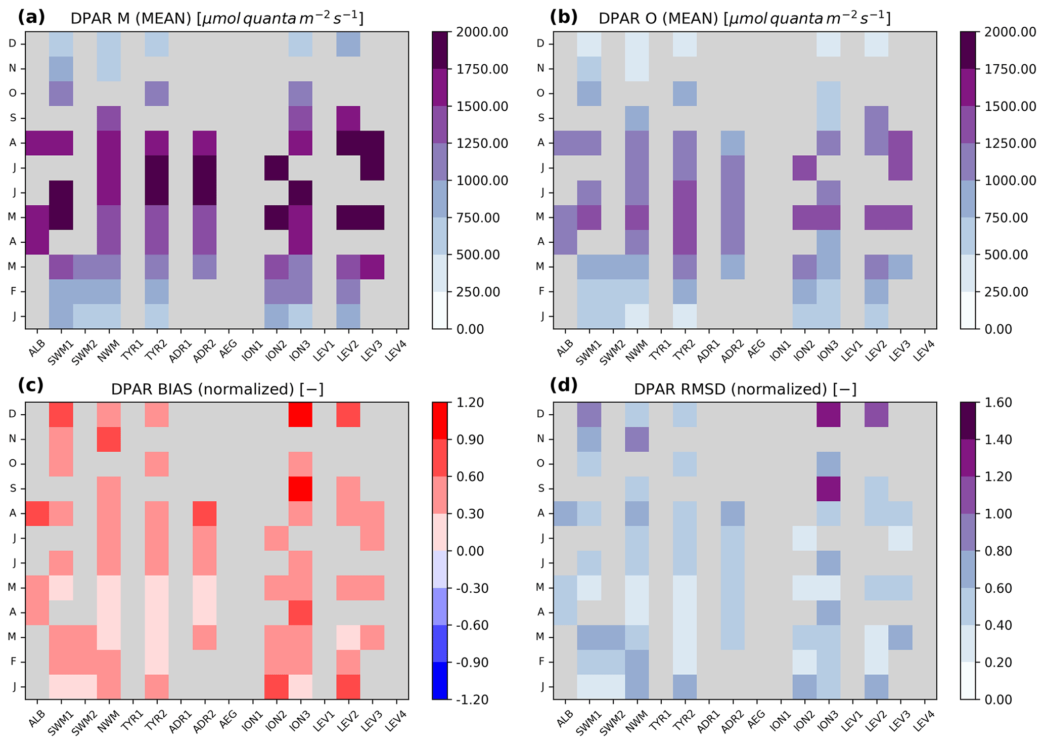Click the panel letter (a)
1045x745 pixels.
[31, 17]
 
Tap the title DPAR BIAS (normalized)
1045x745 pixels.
[217, 389]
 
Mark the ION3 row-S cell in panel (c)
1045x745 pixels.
[300, 489]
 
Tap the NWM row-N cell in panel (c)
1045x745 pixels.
[109, 439]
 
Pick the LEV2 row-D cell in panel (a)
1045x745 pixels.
[348, 43]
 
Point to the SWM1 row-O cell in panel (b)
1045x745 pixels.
[589, 93]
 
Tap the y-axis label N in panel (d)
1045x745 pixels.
[540, 439]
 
